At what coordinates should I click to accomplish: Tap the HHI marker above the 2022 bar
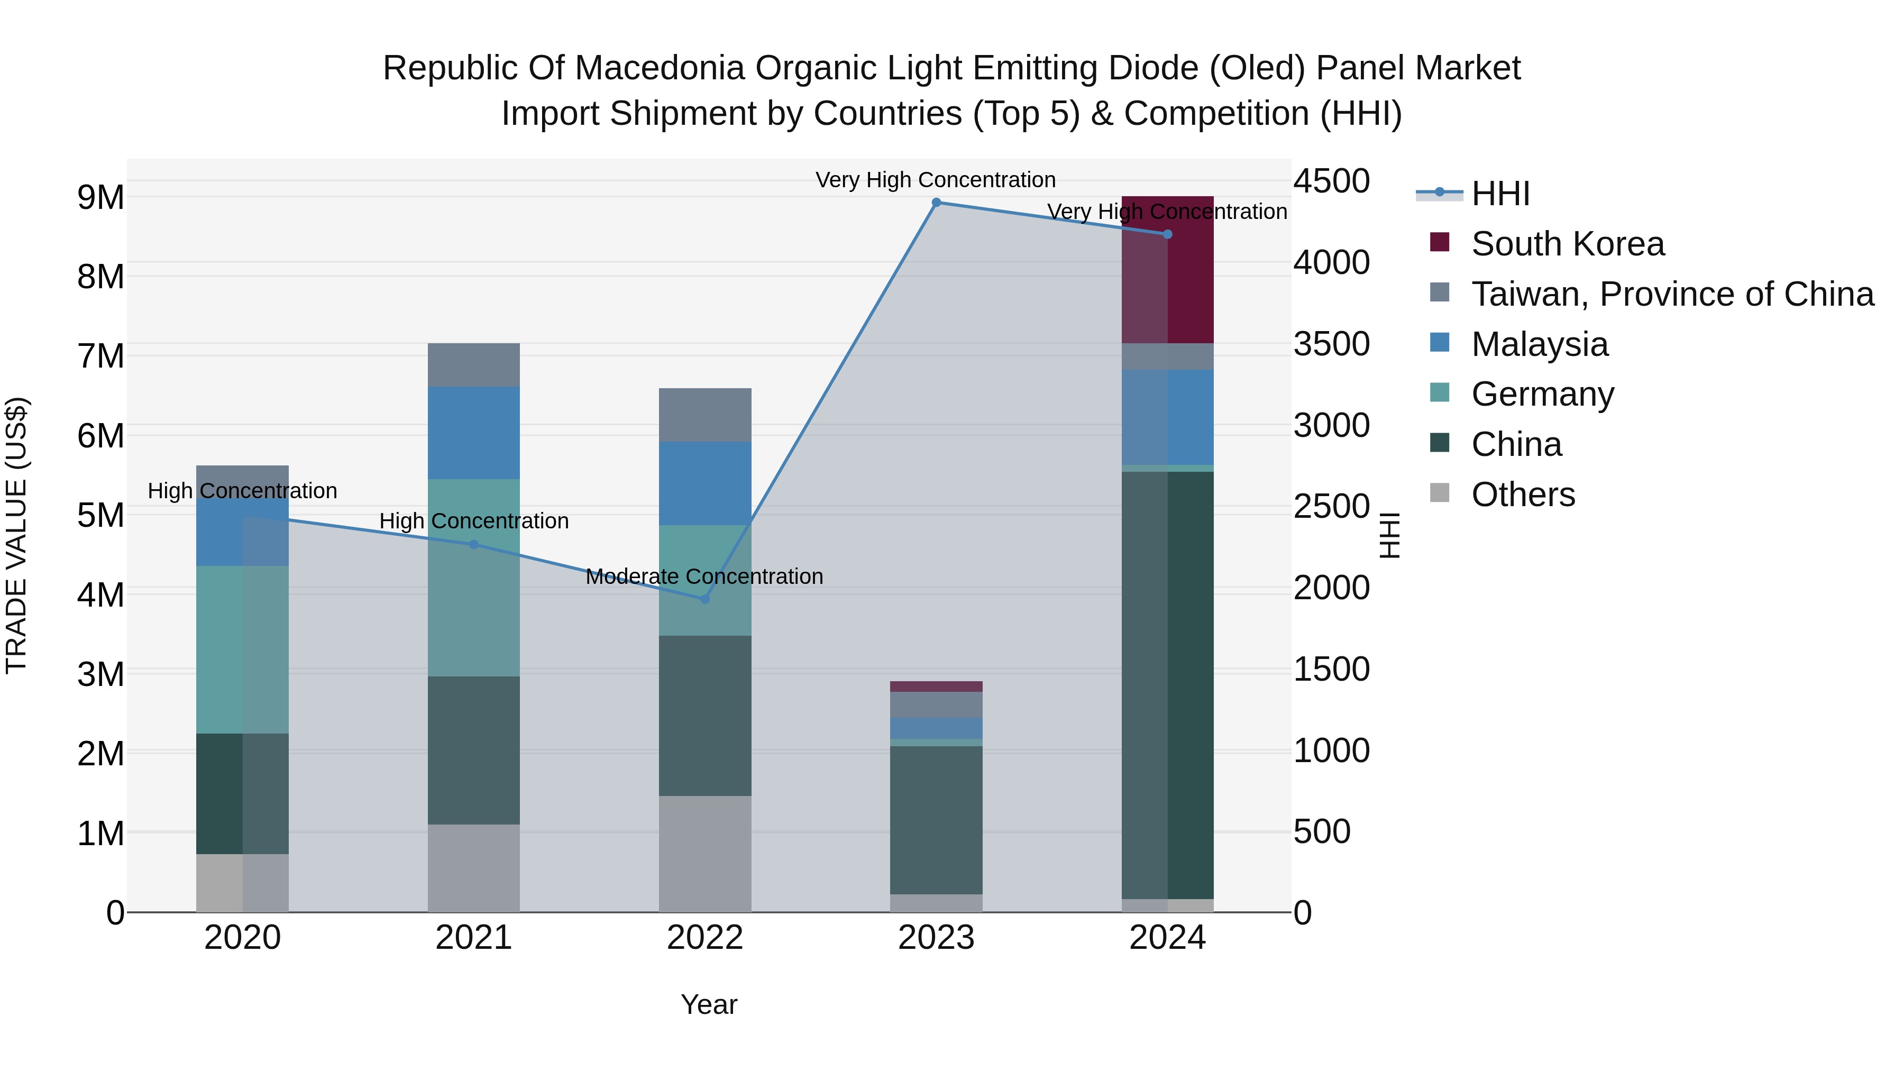(704, 599)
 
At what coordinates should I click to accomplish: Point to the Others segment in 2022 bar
(704, 854)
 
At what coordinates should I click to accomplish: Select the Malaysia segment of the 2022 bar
(704, 483)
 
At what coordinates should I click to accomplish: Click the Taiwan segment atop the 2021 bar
(474, 364)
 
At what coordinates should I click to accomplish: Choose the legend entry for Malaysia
(1539, 344)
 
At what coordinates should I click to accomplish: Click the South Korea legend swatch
(1439, 242)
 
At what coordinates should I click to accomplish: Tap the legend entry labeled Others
(1523, 495)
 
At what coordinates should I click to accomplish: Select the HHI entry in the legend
(1500, 194)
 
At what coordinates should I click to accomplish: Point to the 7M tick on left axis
(101, 356)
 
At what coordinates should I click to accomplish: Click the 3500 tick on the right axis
(1331, 344)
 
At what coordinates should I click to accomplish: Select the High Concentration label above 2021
(474, 521)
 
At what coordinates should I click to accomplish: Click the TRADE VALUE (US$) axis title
(16, 535)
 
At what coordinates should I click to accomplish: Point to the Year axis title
(708, 1004)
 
